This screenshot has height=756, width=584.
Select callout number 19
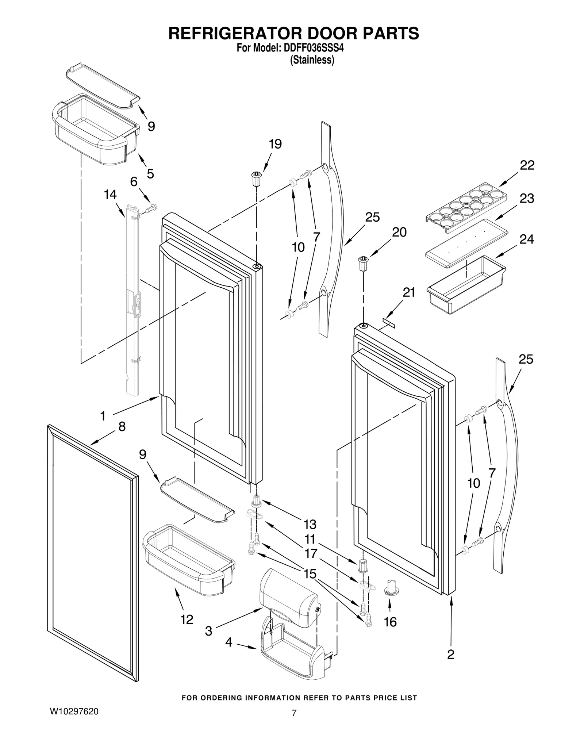tap(275, 144)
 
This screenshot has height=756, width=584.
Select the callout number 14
tap(110, 195)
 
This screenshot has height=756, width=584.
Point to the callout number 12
tap(187, 619)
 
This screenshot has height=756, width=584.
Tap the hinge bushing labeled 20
tap(363, 264)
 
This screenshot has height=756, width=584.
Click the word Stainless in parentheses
tap(312, 60)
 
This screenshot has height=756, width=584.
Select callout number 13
tap(310, 525)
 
